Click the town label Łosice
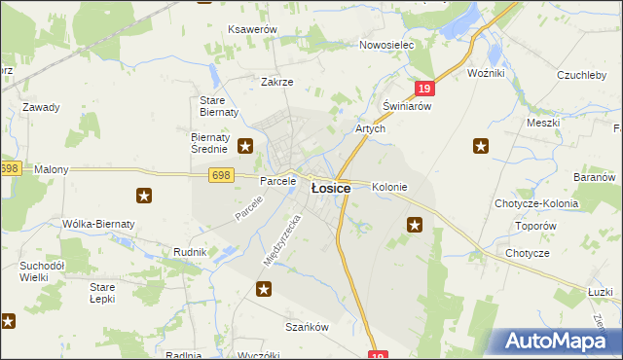[x=330, y=189]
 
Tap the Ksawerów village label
[x=253, y=30]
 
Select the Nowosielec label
[x=386, y=46]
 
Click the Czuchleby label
[x=583, y=75]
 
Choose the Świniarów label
[x=406, y=106]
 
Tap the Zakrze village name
[x=276, y=82]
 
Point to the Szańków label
[x=305, y=327]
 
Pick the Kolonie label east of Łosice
[x=389, y=187]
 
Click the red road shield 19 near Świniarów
[x=423, y=89]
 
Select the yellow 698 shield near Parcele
[x=221, y=174]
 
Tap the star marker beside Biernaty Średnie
[x=245, y=147]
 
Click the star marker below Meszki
[x=481, y=147]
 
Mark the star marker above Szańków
[x=264, y=289]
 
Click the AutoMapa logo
[x=561, y=342]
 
